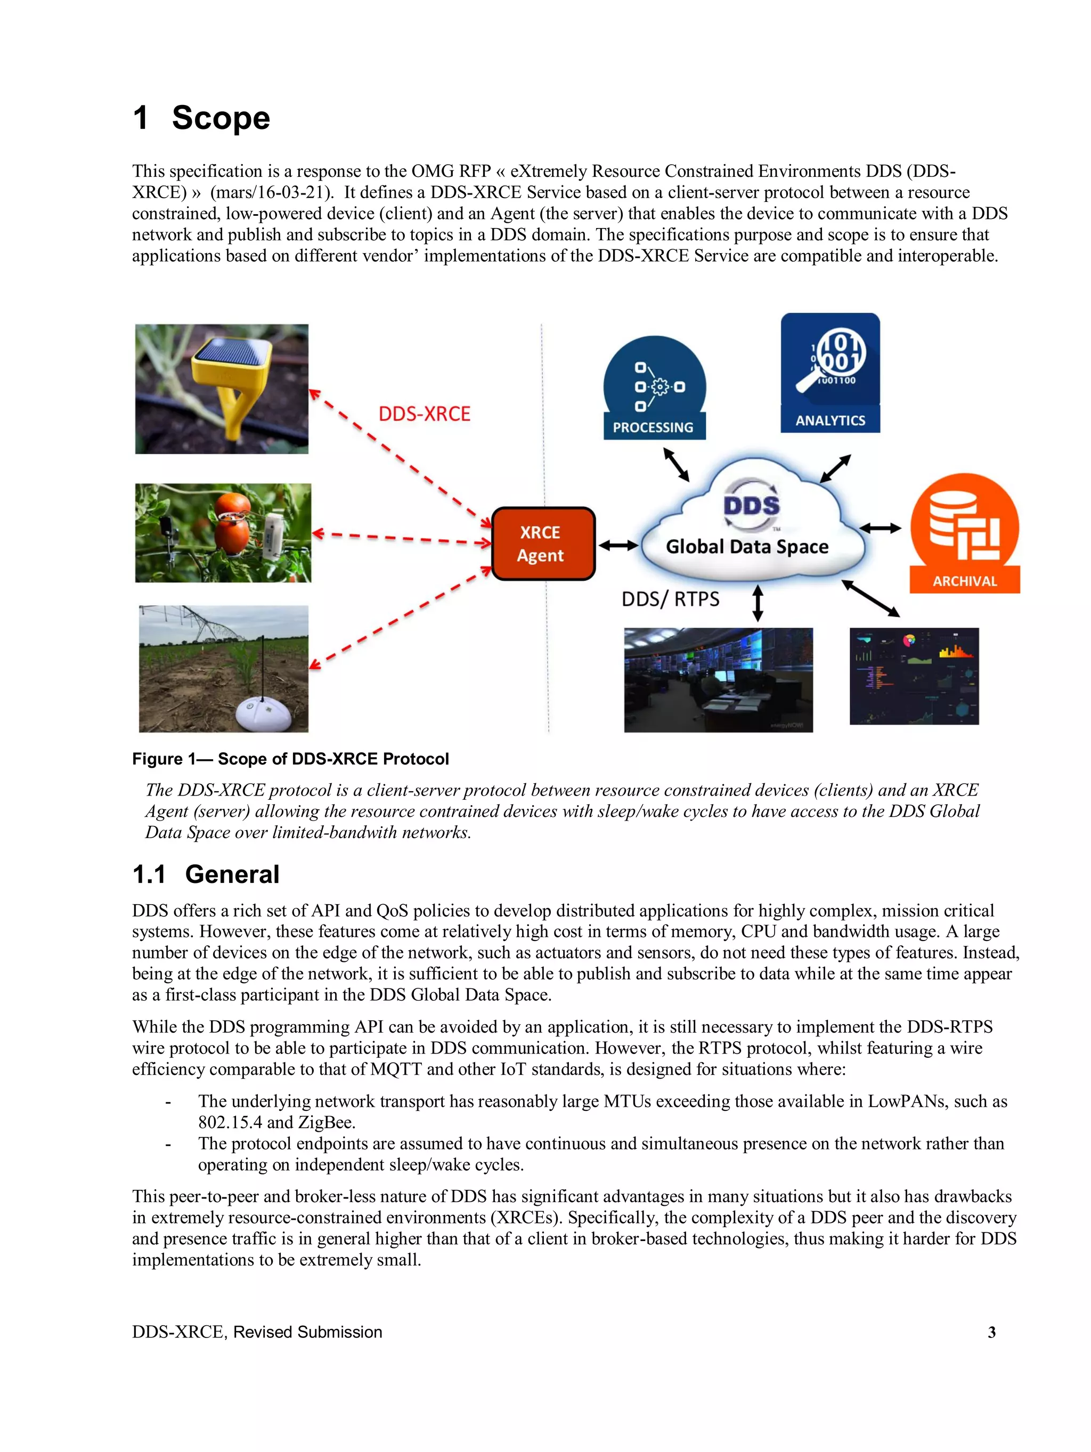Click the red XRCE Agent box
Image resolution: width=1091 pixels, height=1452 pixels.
(x=543, y=544)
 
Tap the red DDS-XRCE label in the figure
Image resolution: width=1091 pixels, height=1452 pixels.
(x=424, y=414)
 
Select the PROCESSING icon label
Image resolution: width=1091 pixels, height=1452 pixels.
(x=653, y=427)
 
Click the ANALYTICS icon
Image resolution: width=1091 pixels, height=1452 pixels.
(x=830, y=372)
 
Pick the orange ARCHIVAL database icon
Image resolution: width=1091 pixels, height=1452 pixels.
(x=964, y=532)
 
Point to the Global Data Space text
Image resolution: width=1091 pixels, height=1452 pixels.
(x=747, y=547)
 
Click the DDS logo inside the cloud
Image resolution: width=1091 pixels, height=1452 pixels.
(x=751, y=506)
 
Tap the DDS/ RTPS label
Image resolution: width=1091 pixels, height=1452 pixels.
(x=670, y=599)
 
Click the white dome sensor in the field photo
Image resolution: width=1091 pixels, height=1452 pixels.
(x=263, y=713)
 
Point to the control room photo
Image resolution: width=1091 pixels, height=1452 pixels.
(x=718, y=679)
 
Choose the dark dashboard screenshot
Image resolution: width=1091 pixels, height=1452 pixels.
(x=914, y=676)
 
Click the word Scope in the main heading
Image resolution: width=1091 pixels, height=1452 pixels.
(x=221, y=119)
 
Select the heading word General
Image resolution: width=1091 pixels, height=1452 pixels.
(x=232, y=874)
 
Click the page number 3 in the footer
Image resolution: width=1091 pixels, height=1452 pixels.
(x=991, y=1332)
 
